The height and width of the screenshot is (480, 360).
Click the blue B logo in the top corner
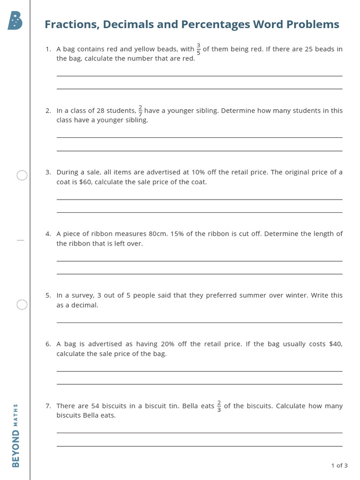15,21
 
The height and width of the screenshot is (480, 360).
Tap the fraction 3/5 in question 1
198,49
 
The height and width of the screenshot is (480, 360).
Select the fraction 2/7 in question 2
140,111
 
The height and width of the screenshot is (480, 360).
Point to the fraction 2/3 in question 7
219,406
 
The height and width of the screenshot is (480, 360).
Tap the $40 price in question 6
336,344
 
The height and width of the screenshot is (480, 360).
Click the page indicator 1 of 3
339,465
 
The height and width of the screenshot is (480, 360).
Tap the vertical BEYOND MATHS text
15,435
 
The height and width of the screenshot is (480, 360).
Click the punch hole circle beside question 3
22,175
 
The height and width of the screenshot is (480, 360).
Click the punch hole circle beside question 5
22,305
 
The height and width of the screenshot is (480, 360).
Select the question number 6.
48,344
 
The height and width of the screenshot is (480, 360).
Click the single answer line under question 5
199,322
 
